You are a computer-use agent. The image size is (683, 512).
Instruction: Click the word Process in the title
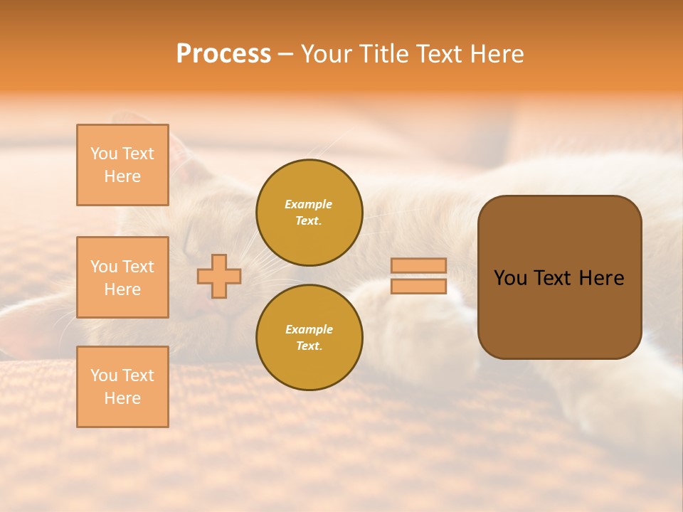(223, 54)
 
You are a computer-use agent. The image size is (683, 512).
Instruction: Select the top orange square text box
(122, 165)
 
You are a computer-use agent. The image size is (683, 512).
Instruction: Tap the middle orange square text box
(122, 277)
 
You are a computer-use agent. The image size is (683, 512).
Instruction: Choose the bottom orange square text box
(122, 387)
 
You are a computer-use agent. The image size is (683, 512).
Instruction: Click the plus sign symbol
(219, 276)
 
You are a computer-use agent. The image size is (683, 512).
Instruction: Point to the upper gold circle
(309, 212)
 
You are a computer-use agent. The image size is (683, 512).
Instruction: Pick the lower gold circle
(309, 337)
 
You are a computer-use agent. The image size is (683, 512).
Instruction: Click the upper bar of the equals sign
(418, 266)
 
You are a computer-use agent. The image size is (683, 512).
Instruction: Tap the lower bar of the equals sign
(418, 287)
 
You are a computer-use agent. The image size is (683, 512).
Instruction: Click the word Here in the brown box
(601, 278)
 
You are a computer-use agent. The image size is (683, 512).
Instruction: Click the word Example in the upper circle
(309, 204)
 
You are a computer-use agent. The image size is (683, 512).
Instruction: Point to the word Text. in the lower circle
(309, 346)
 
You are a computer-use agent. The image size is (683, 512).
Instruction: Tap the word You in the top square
(104, 154)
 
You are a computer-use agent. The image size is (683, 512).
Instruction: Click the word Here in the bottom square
(122, 398)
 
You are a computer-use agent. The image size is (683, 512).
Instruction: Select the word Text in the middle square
(137, 267)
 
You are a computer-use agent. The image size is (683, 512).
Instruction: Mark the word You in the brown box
(510, 278)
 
